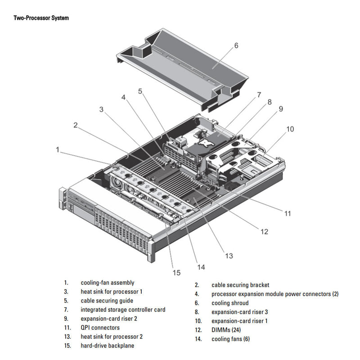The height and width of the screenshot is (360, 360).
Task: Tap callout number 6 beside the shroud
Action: [x=236, y=45]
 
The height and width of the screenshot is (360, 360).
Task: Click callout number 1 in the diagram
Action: [x=58, y=149]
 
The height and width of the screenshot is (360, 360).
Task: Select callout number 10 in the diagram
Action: [x=290, y=129]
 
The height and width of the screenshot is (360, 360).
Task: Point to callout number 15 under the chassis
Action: [x=176, y=272]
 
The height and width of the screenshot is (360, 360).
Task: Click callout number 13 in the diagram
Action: [x=229, y=256]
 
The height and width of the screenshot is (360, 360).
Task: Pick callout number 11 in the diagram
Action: [x=288, y=213]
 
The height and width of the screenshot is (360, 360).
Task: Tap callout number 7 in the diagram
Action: [x=259, y=95]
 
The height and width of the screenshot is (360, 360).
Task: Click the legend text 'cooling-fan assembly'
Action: [x=107, y=283]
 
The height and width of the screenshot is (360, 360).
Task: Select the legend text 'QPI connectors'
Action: [x=100, y=328]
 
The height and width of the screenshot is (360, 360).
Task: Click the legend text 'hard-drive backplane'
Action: [x=107, y=346]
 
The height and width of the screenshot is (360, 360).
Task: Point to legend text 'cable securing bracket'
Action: [x=240, y=285]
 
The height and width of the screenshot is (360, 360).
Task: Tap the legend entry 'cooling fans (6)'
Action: [x=230, y=339]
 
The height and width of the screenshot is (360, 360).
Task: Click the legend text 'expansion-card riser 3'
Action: [x=240, y=312]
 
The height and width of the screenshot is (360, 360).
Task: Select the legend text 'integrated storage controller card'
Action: [x=123, y=310]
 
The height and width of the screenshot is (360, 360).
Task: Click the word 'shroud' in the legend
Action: [x=240, y=303]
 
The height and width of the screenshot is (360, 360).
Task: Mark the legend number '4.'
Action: [x=197, y=294]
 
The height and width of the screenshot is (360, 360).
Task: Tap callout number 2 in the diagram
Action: [x=76, y=125]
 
